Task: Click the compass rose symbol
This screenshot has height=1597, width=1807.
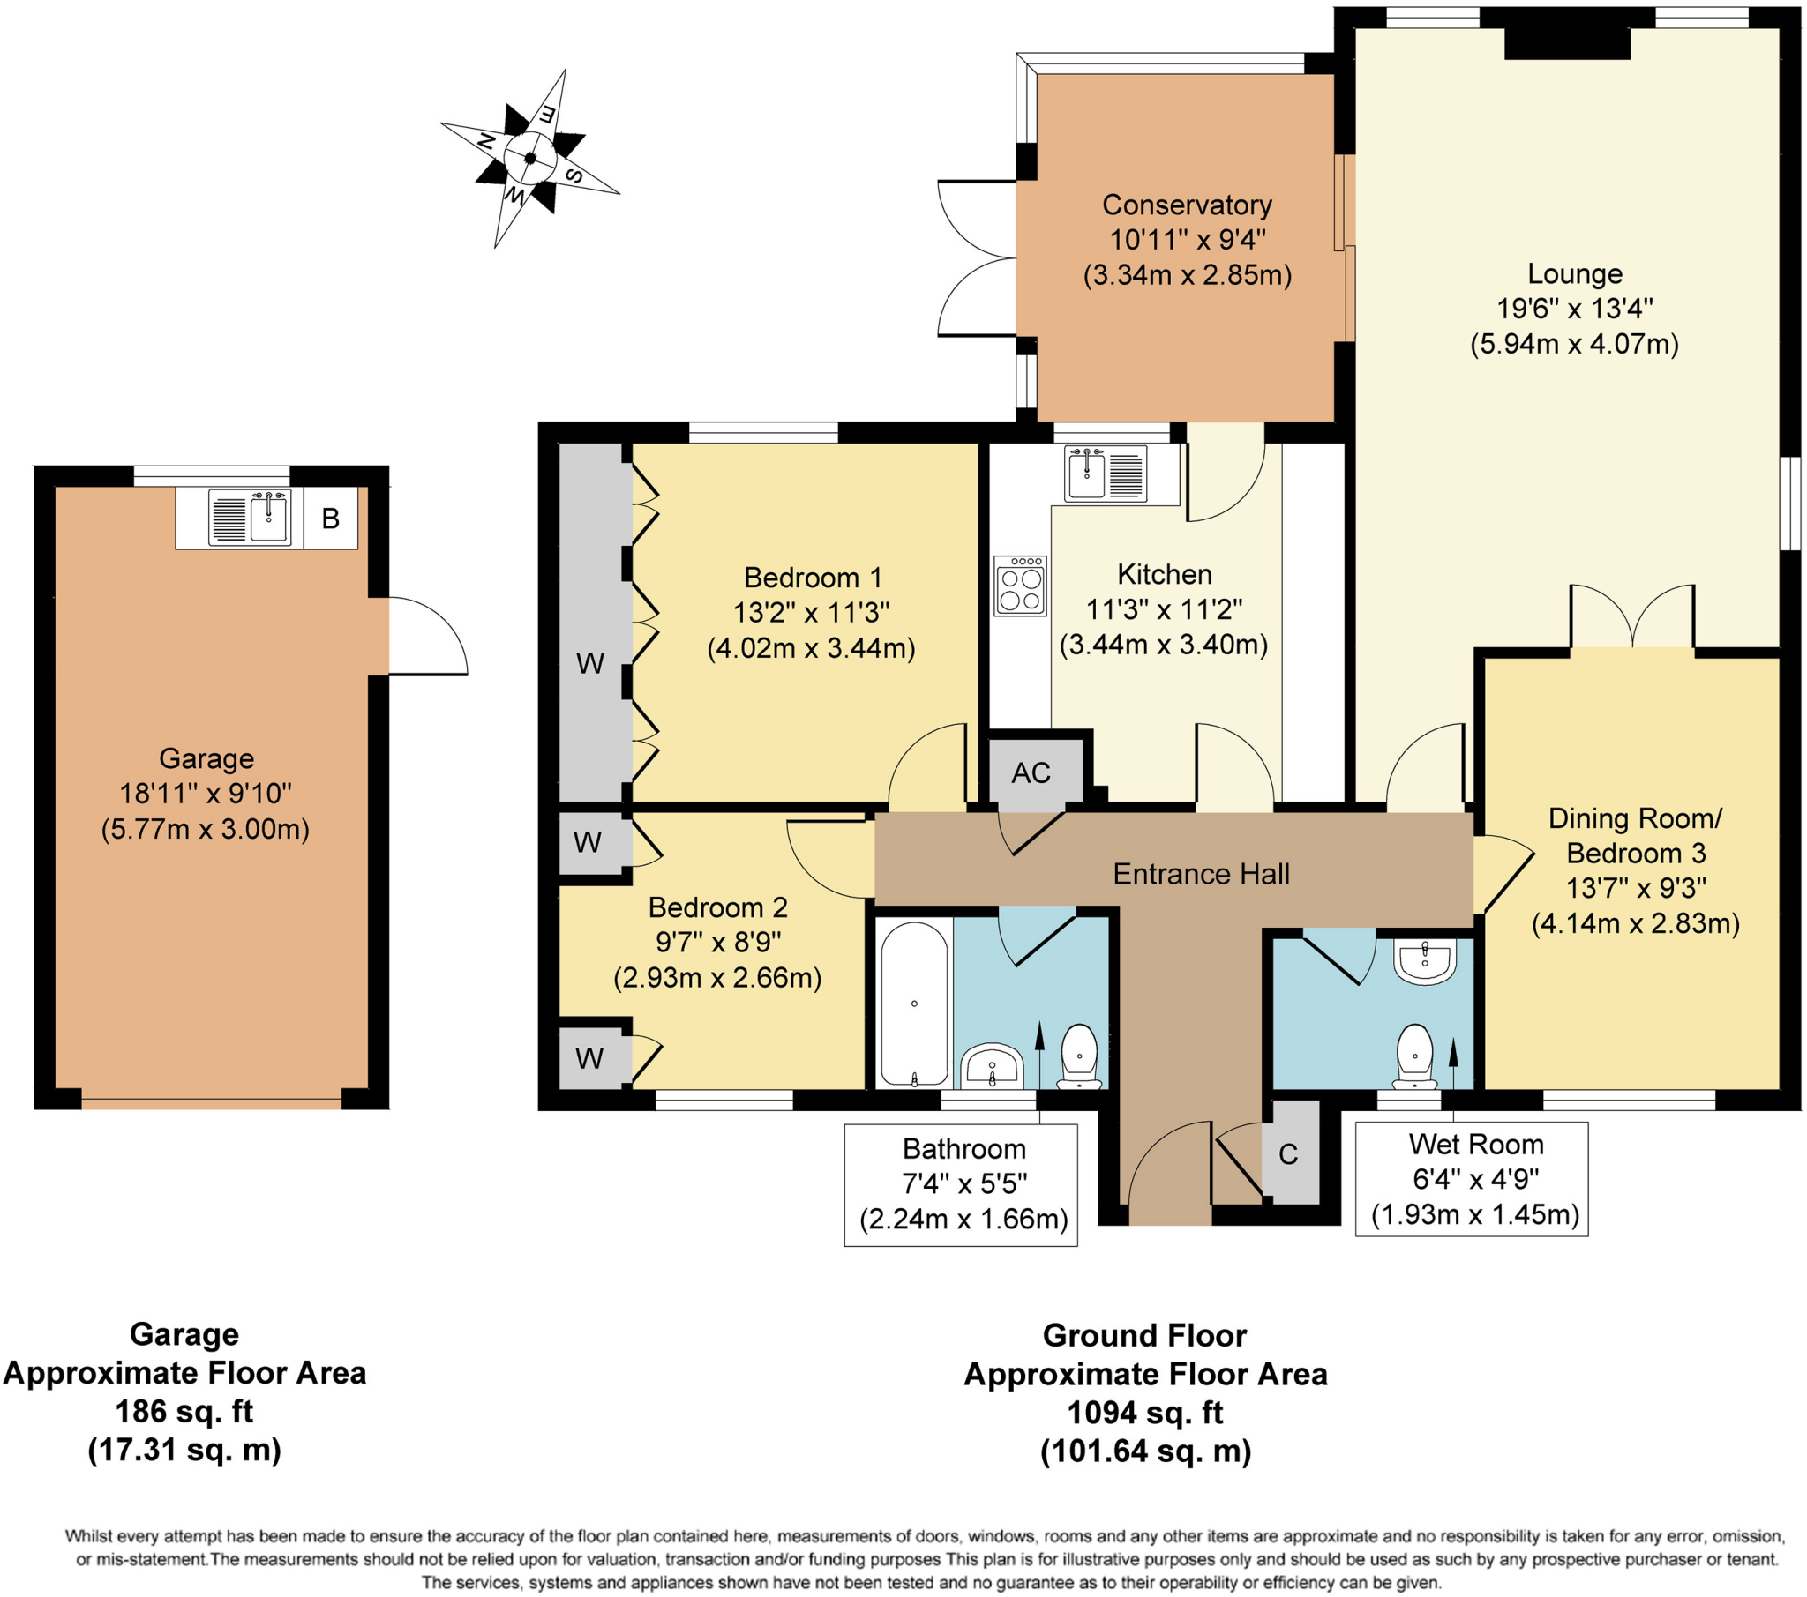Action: pos(529,159)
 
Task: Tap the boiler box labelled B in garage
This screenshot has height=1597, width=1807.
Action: pos(331,519)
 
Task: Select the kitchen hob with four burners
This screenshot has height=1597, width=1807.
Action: pos(1020,585)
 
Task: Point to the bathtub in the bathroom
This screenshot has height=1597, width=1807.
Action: pos(914,1005)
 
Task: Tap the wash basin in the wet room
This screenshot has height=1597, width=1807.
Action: pos(1425,962)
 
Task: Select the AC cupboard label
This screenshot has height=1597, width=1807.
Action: pos(1031,773)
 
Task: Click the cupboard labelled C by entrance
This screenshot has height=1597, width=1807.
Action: pos(1289,1153)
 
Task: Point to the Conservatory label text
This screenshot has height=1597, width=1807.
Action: pos(1187,205)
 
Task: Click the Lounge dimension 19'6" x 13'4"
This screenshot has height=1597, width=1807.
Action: pos(1574,309)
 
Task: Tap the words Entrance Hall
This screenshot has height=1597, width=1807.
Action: pos(1201,874)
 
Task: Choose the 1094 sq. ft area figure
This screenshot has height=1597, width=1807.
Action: pos(1145,1413)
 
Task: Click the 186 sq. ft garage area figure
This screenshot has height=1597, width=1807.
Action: pos(184,1412)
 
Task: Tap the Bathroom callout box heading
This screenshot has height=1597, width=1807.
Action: pos(963,1149)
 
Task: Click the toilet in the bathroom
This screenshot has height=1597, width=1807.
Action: pos(1079,1056)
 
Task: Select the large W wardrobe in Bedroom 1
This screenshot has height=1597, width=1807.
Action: pos(590,663)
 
